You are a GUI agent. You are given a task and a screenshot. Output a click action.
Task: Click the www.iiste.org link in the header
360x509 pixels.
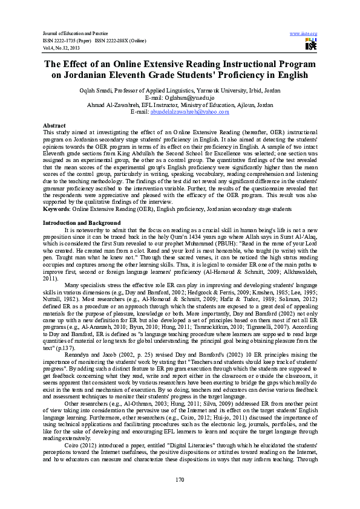click(304, 33)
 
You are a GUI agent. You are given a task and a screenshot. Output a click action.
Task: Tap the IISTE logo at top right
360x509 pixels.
click(310, 44)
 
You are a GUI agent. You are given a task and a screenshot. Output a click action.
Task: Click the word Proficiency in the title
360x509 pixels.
click(251, 75)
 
